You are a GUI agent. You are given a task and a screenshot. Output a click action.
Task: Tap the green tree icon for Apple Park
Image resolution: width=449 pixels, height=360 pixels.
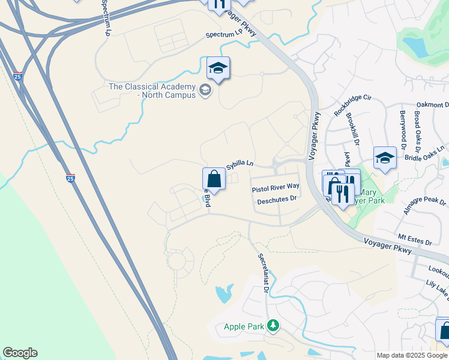coord(273,326)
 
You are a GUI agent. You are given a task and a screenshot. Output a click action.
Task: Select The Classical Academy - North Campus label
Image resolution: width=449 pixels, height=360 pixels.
coord(152,91)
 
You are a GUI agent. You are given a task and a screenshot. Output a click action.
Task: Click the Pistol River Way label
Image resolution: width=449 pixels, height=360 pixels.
coord(276,188)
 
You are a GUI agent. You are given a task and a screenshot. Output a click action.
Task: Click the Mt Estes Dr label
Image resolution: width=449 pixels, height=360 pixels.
coord(415,241)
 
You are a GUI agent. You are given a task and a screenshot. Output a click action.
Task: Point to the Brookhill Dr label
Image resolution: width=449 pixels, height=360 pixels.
coord(352,130)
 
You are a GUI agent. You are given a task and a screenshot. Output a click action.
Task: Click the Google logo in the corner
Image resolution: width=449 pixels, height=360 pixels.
coord(20,353)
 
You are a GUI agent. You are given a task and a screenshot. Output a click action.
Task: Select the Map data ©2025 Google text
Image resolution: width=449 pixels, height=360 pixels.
coord(412,355)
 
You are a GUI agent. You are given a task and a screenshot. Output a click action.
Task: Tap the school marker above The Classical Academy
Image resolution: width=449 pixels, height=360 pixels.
coord(218,70)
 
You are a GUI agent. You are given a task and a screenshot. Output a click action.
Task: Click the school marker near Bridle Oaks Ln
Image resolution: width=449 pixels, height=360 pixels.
coord(385,158)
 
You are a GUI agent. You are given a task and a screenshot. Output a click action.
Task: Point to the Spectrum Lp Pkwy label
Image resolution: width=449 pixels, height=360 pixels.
coord(231,35)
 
